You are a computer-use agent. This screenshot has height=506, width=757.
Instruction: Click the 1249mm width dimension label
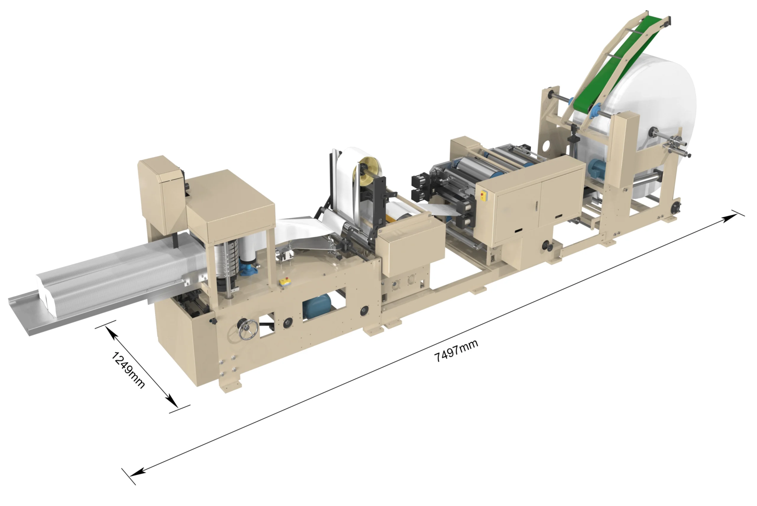coord(128,370)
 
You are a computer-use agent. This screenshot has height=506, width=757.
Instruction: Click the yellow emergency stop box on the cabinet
coord(483,196)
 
